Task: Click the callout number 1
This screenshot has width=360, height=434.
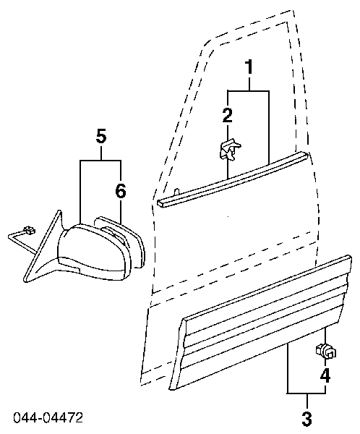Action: click(249, 67)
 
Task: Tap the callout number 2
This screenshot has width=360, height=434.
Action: click(228, 115)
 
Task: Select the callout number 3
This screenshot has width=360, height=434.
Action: click(307, 419)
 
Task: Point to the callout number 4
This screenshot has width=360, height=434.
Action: click(325, 375)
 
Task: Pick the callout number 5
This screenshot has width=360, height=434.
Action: click(101, 136)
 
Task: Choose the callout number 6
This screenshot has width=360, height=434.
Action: click(121, 191)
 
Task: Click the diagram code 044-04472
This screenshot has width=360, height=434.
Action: click(48, 418)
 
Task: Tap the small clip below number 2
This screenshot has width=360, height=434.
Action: click(229, 150)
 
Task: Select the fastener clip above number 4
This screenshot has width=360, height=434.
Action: click(326, 351)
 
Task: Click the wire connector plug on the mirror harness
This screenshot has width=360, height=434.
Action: click(29, 230)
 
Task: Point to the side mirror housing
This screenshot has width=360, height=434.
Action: click(93, 251)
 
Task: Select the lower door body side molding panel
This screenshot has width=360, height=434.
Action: click(260, 321)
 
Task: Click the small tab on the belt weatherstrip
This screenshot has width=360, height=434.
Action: click(176, 192)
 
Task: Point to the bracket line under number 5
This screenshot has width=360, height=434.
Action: click(100, 161)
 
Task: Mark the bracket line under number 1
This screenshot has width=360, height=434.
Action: click(249, 90)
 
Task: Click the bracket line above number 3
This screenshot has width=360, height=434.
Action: click(307, 393)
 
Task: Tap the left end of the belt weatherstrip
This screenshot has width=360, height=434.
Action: click(159, 203)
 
